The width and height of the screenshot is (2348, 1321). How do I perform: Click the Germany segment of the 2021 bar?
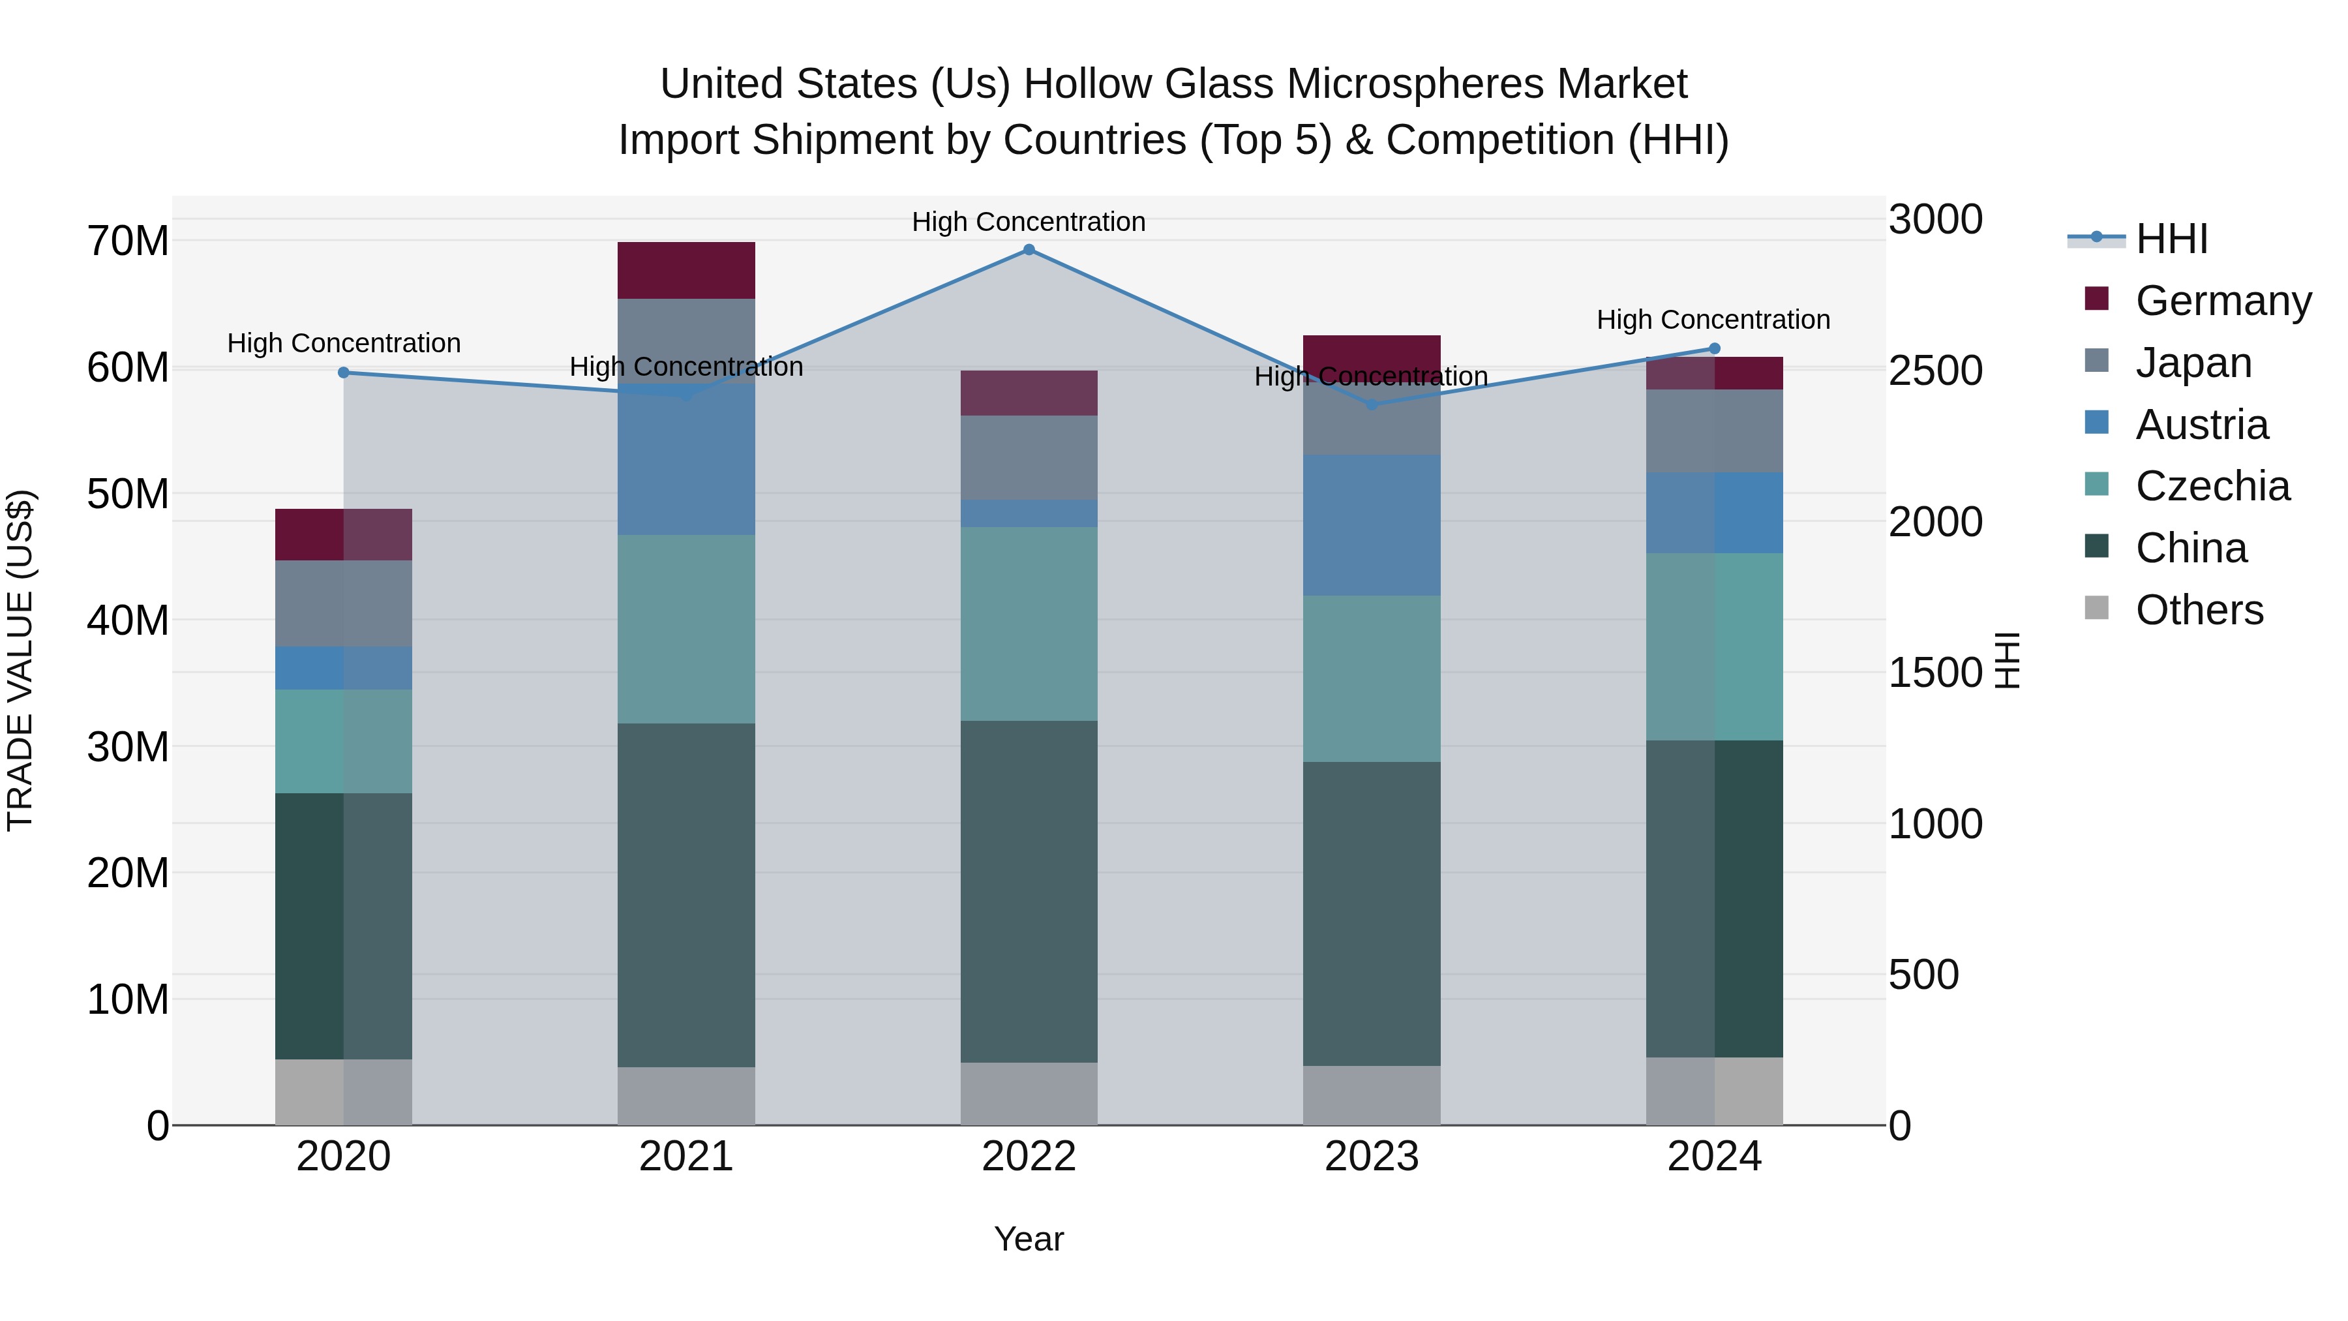tap(686, 271)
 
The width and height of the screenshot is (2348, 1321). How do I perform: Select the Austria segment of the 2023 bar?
tap(1371, 525)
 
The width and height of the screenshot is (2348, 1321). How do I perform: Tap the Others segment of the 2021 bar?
tap(686, 1096)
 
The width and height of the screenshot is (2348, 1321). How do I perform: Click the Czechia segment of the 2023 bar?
tap(1371, 678)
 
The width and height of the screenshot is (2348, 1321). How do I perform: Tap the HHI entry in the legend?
tap(2171, 239)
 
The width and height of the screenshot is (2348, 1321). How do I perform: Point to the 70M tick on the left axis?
tap(128, 241)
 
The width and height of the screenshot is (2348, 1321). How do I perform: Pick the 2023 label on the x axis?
tap(1371, 1157)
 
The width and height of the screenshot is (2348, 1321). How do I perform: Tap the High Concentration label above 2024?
tap(1713, 320)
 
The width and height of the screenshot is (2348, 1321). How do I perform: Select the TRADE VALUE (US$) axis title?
tap(20, 660)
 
